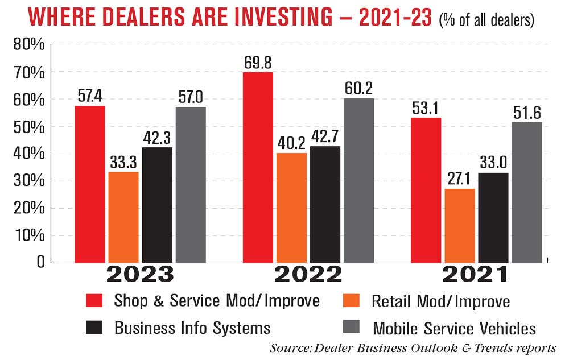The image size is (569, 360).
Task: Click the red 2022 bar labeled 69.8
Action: pyautogui.click(x=258, y=167)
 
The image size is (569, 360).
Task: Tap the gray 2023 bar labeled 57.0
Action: pyautogui.click(x=191, y=185)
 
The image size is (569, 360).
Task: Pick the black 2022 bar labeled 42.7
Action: pyautogui.click(x=325, y=205)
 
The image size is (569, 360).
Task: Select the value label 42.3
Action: pyautogui.click(x=157, y=136)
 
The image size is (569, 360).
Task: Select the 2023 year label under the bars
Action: pyautogui.click(x=140, y=276)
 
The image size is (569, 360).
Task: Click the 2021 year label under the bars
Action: pyautogui.click(x=475, y=276)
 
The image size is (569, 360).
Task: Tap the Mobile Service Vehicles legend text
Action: pyautogui.click(x=454, y=328)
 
